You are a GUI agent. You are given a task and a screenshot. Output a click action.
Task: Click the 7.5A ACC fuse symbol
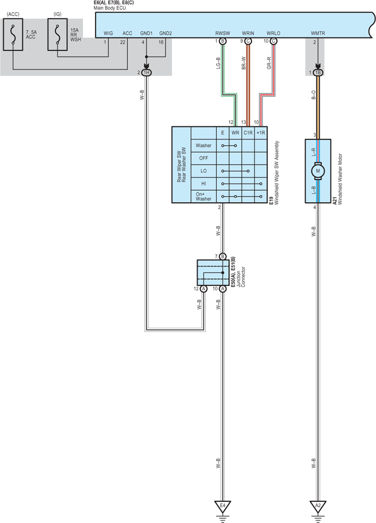pos(13,34)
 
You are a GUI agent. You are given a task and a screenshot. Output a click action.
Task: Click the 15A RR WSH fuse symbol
pos(57,34)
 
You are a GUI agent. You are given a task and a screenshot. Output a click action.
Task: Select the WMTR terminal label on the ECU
pos(318,33)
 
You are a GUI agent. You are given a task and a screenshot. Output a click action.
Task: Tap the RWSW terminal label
pos(222,33)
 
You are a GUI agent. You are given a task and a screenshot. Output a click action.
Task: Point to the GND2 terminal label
pos(165,33)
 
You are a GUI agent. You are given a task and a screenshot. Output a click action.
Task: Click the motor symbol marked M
pos(318,170)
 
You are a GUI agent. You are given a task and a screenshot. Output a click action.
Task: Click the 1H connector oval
pos(146,72)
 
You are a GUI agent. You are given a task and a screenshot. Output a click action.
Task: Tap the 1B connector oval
pos(318,72)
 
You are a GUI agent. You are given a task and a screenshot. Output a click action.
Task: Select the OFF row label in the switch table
pos(204,158)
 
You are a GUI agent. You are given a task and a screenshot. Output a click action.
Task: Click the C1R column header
pos(248,133)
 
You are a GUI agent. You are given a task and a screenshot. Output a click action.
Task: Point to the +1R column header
pos(261,133)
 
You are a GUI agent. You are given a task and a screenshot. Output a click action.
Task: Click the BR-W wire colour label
pos(243,63)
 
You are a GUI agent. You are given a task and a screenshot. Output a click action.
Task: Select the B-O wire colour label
pos(313,94)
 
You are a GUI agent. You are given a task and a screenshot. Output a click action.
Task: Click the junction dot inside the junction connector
pos(222,273)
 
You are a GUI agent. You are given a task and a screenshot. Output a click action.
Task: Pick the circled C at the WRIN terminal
pos(248,41)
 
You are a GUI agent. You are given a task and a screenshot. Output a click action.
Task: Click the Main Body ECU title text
pos(110,8)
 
